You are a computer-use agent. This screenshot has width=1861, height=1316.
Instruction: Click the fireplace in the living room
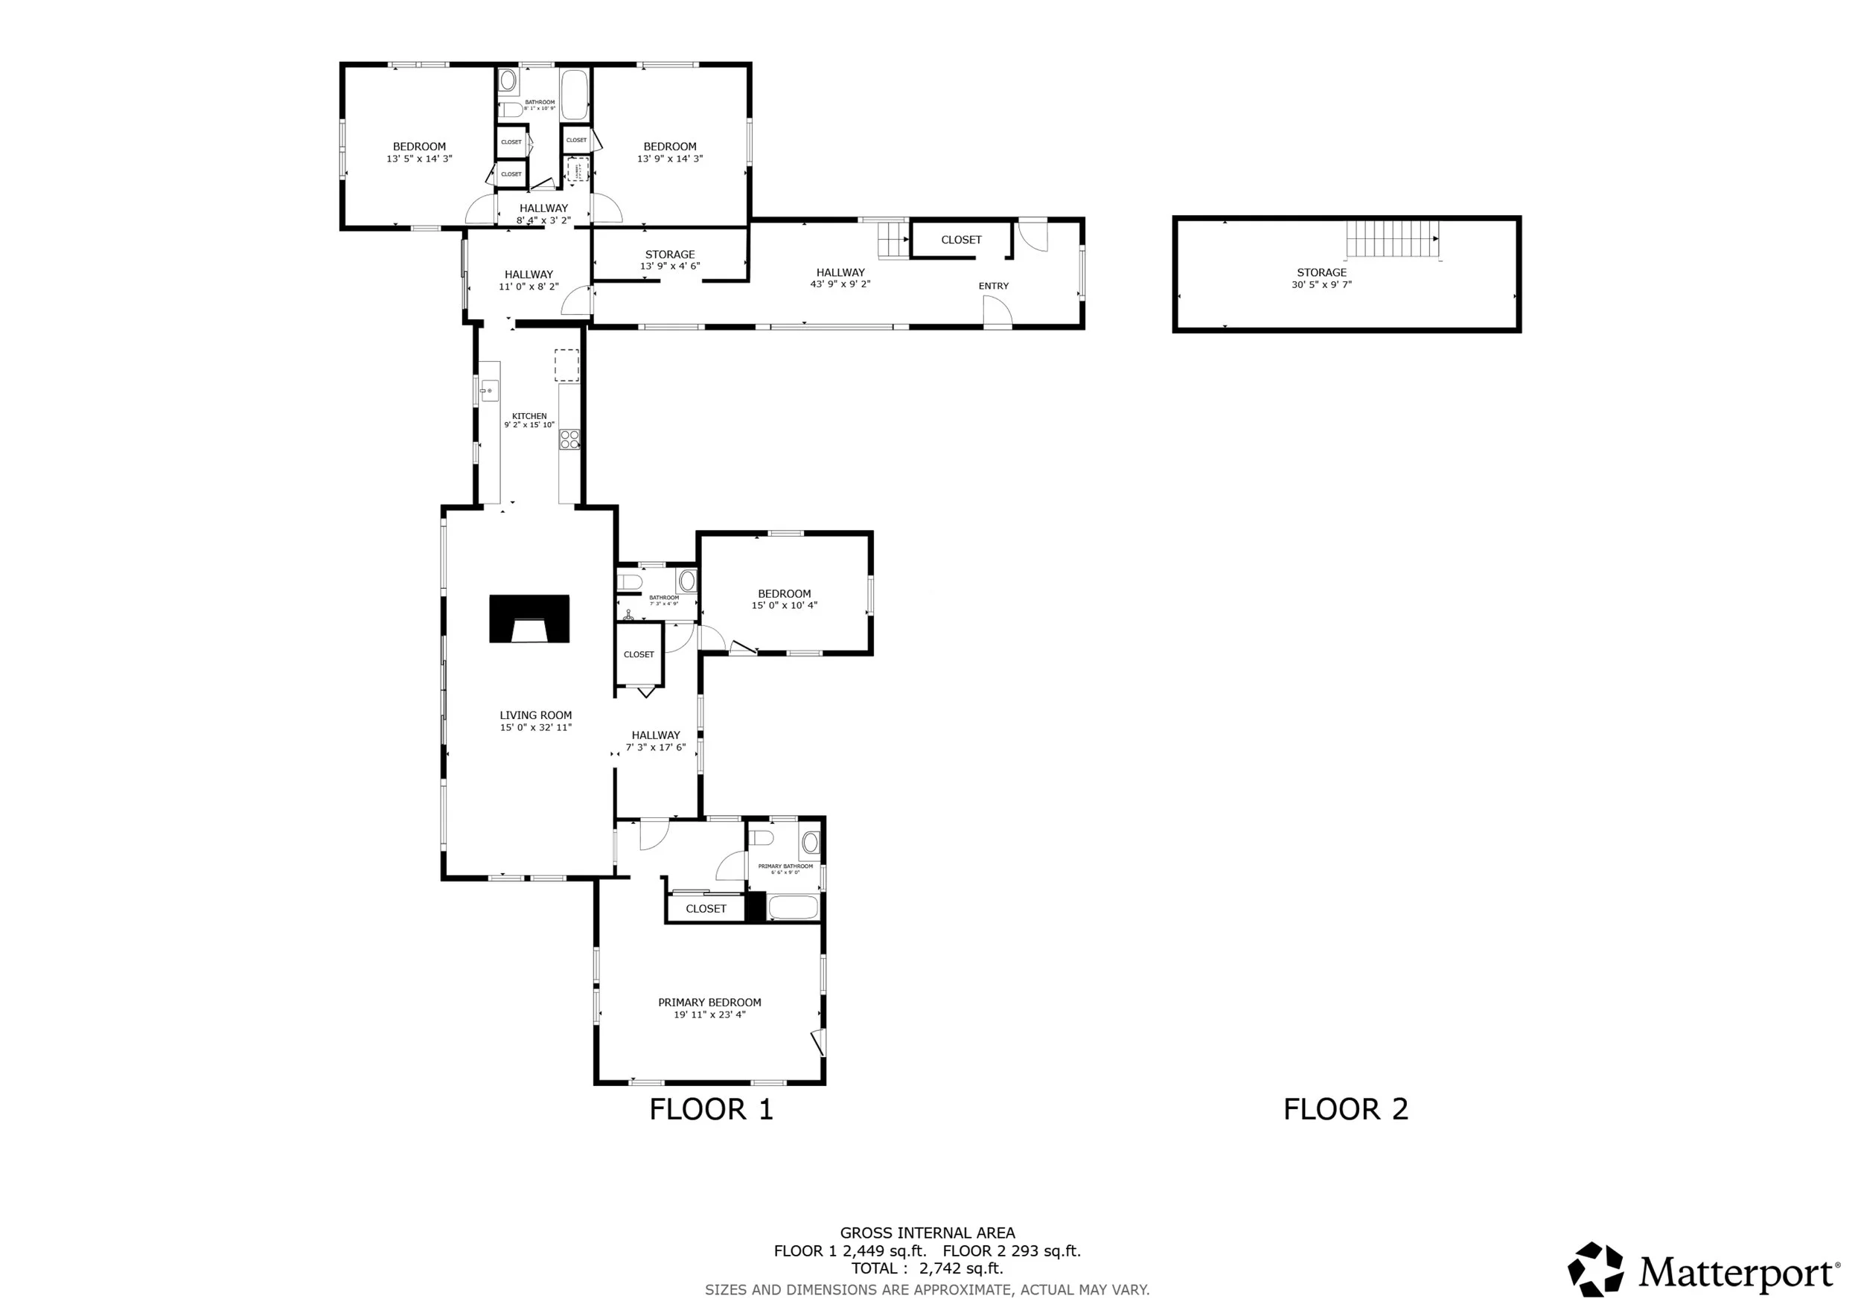coord(529,619)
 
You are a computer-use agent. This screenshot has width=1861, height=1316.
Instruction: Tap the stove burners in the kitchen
coord(569,439)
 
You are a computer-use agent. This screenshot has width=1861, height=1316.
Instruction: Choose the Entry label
coord(993,286)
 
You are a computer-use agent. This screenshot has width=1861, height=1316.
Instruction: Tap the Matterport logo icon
coord(1595,1269)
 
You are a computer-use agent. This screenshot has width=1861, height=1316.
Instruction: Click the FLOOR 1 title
coord(711,1109)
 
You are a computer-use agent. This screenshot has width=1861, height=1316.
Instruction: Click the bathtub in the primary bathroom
coord(793,907)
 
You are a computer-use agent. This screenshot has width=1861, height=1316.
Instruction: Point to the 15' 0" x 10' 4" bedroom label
coord(784,599)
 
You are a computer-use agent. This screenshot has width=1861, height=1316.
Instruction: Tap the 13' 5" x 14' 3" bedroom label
coord(419,153)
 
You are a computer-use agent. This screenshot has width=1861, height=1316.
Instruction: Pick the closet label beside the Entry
coord(960,240)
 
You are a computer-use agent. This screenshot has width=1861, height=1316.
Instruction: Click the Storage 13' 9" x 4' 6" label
coord(669,260)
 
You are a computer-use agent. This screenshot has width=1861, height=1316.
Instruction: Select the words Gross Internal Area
coord(928,1233)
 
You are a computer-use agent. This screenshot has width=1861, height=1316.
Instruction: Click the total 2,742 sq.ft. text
coord(928,1269)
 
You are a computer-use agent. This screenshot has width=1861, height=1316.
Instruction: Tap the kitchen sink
coord(488,392)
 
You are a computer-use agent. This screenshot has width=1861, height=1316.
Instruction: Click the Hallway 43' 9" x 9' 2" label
coord(840,278)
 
